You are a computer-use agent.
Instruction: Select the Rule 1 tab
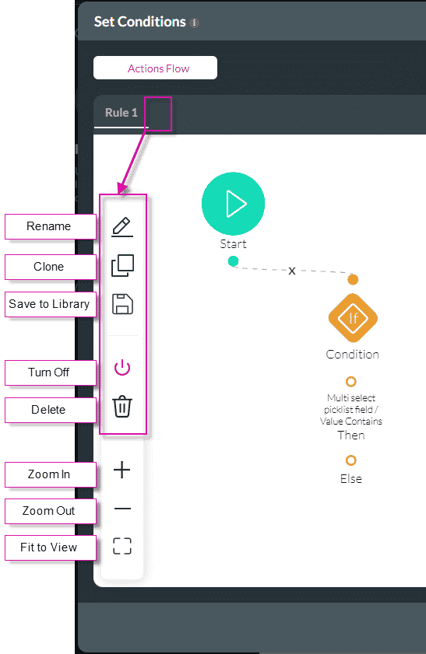[121, 113]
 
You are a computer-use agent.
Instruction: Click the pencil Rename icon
[122, 226]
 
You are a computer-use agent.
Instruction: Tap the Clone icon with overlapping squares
[122, 266]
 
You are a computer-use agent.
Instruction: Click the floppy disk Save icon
[122, 304]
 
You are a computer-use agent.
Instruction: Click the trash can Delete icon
[122, 407]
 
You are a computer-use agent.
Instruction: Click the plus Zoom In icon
[122, 470]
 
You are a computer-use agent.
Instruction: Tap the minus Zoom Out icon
[122, 509]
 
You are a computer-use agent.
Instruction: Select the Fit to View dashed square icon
[122, 546]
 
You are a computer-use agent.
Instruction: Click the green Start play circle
[233, 203]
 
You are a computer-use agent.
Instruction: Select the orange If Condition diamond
[353, 318]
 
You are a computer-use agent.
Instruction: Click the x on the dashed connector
[292, 271]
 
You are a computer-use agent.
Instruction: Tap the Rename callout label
[49, 226]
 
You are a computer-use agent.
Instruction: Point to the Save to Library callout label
[49, 304]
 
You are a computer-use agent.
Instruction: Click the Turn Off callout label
[49, 372]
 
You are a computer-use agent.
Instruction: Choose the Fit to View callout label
[49, 547]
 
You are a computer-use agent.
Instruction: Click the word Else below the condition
[351, 479]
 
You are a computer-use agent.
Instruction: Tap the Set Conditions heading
[140, 22]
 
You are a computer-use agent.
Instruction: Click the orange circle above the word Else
[351, 460]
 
